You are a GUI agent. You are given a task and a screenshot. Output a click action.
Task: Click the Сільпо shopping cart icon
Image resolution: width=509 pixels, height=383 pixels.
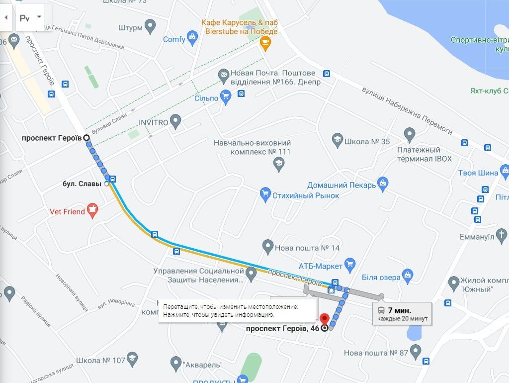[x=226, y=96]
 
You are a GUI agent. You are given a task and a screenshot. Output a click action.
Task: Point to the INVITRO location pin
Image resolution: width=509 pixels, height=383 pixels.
[x=175, y=121]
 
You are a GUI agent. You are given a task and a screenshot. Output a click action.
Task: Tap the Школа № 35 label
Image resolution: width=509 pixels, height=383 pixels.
[x=367, y=141]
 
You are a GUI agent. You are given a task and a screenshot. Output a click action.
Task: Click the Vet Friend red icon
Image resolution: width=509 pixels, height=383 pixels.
[x=92, y=210]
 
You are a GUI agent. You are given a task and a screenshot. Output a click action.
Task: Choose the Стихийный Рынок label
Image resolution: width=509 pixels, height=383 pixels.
[x=306, y=195]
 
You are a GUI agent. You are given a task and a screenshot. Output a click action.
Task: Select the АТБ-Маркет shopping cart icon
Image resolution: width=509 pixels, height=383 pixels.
[x=350, y=264]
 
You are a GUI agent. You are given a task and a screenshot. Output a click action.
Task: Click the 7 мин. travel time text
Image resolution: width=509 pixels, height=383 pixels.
[x=399, y=310]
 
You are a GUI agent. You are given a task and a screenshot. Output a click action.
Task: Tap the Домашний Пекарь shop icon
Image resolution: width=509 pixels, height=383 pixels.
[x=382, y=184]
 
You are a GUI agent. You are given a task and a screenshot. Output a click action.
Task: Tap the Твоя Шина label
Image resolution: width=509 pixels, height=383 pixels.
[x=478, y=173]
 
